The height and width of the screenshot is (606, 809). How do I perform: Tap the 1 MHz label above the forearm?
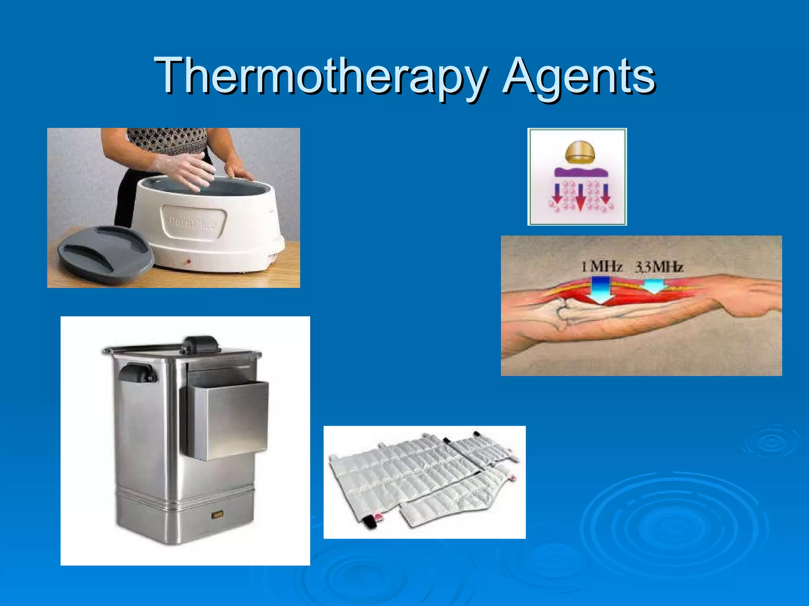pos(601,267)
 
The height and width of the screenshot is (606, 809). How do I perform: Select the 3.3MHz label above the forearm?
pos(659,267)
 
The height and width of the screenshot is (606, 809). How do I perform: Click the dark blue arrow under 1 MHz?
pos(600,290)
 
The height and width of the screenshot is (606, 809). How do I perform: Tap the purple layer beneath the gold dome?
pos(581,172)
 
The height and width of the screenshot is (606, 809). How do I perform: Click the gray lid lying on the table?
pos(105,252)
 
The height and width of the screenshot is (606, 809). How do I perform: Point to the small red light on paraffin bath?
pos(189,262)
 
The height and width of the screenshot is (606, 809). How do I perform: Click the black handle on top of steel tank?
pos(202,344)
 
